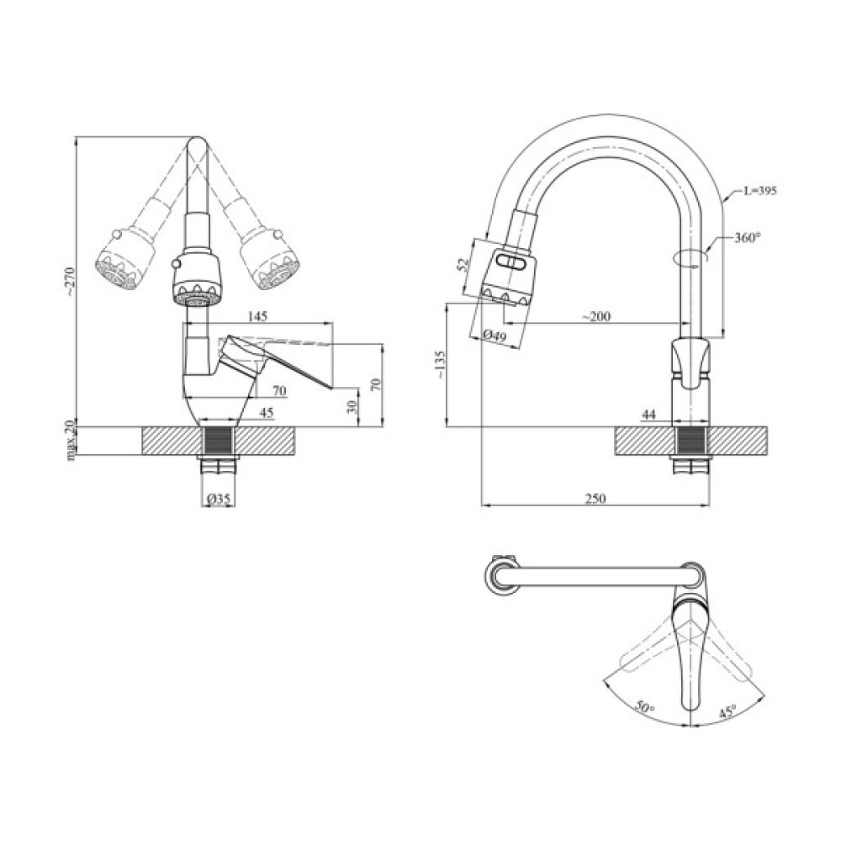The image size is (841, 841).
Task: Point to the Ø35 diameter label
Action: (219, 500)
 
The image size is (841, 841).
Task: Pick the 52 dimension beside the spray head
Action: (462, 264)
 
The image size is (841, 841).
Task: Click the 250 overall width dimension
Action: (595, 499)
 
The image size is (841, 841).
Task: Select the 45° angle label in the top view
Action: (727, 711)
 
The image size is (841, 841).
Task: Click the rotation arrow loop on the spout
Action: (690, 257)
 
